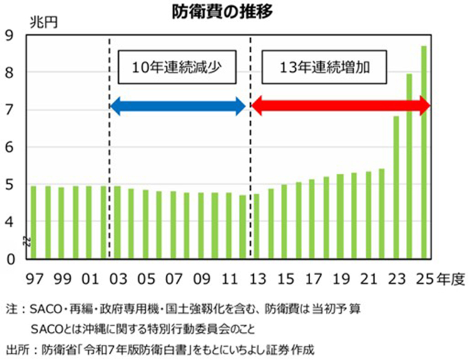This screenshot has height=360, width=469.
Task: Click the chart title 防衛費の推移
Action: tap(235, 12)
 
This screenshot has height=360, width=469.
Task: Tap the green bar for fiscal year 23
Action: tap(396, 187)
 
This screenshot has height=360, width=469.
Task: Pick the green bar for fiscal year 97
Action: tap(33, 222)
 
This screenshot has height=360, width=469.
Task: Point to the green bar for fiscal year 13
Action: tap(256, 226)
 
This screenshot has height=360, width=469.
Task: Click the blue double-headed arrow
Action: tap(178, 107)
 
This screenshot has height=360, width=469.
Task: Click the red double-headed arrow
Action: tap(341, 107)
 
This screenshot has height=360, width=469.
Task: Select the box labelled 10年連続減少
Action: tap(178, 66)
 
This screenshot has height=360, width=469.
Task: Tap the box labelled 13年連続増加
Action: tap(325, 66)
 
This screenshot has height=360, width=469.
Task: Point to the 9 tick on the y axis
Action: tap(9, 36)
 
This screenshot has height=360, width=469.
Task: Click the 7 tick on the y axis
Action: tap(9, 110)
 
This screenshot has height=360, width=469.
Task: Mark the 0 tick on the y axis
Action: tap(9, 258)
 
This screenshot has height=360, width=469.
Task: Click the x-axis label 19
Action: tap(341, 277)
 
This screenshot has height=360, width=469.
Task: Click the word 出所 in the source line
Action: tap(14, 348)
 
